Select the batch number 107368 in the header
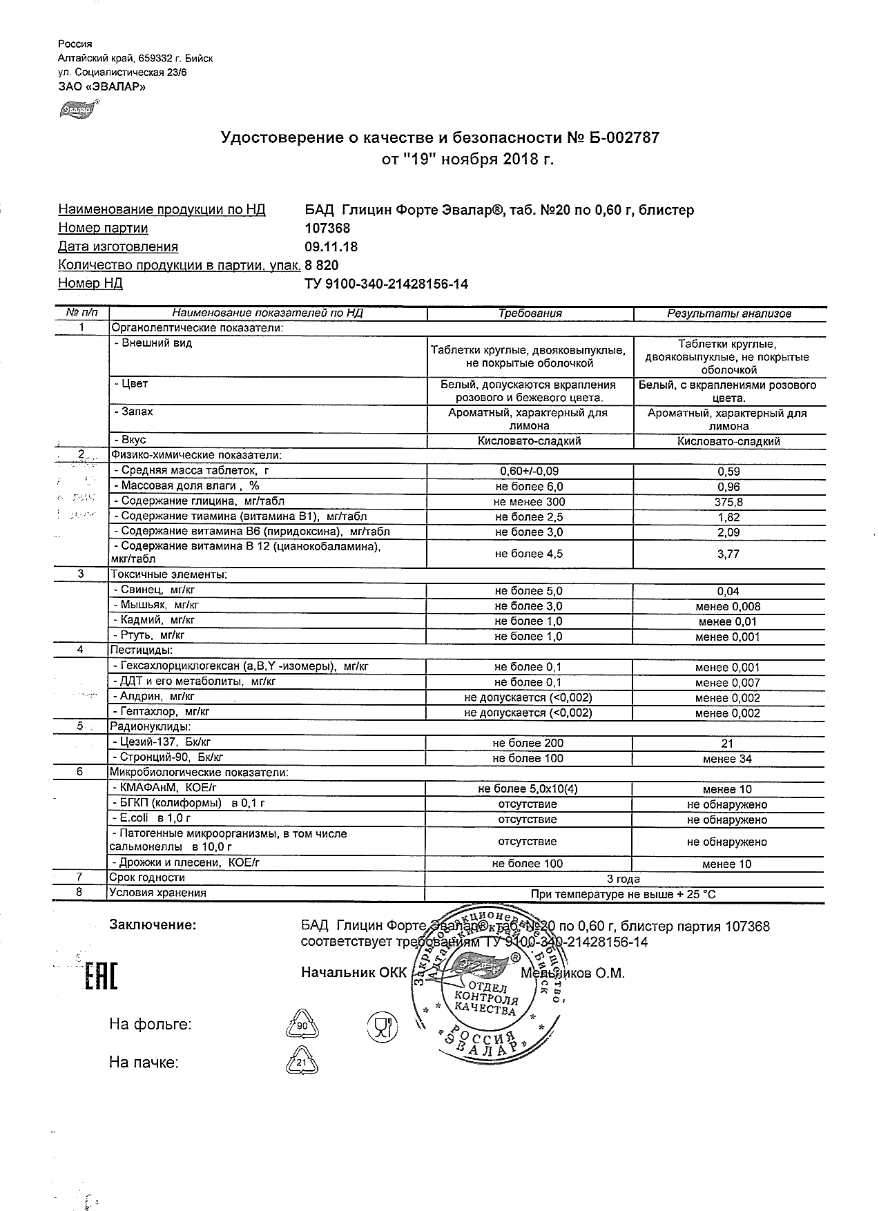pyautogui.click(x=327, y=229)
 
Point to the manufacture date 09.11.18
pyautogui.click(x=331, y=247)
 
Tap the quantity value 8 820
pyautogui.click(x=322, y=265)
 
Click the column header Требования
pyautogui.click(x=530, y=313)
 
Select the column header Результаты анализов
pyautogui.click(x=728, y=313)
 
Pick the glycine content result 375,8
pyautogui.click(x=728, y=502)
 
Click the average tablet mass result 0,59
pyautogui.click(x=728, y=472)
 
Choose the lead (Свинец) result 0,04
pyautogui.click(x=728, y=591)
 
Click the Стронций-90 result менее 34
pyautogui.click(x=728, y=759)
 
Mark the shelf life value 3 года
pyautogui.click(x=623, y=879)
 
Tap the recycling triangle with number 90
pyautogui.click(x=302, y=1026)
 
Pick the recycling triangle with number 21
pyautogui.click(x=301, y=1063)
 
